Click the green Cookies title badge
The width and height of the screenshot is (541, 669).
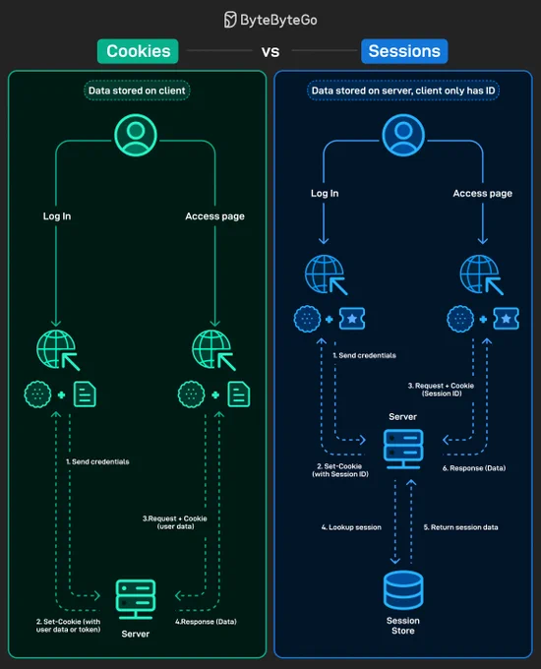coord(138,51)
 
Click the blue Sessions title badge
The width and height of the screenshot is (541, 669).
coord(404,51)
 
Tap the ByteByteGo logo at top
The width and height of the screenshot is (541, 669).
coord(270,20)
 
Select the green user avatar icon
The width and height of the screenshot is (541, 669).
coord(136,135)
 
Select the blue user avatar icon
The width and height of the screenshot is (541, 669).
coord(403,135)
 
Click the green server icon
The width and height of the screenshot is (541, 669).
coord(136,599)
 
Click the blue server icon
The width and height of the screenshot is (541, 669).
coord(403,450)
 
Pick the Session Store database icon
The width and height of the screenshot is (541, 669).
coord(403,590)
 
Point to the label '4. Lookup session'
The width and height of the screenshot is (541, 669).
coord(351,527)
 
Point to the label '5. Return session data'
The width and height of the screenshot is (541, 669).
coord(460,527)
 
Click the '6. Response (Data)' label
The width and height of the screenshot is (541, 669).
coord(474,468)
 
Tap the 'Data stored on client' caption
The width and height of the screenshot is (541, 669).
coord(137,91)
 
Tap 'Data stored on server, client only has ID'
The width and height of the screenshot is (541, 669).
coord(403,91)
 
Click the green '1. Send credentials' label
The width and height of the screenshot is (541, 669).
coord(97,461)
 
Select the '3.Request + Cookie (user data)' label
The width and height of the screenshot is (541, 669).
coord(175,522)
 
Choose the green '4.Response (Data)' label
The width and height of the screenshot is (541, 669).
coord(206,622)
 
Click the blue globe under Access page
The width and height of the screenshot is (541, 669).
coord(481,274)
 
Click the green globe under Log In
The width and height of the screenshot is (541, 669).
coord(58,350)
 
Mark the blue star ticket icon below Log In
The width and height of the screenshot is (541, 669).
coord(352,319)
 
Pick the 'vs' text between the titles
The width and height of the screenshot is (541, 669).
coord(270,52)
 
